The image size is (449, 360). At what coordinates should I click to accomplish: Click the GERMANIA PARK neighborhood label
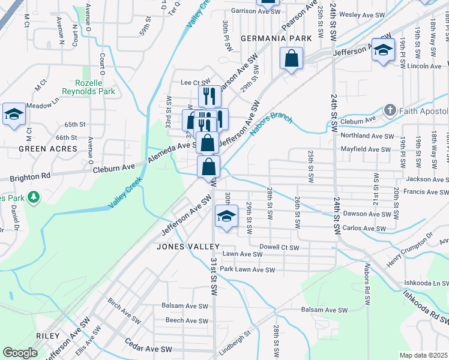tap(276, 38)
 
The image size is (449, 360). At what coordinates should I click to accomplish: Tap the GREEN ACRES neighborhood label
tap(48, 148)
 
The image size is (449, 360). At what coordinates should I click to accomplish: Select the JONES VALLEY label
tap(188, 246)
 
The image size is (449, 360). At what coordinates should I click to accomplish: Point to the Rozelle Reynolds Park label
tap(88, 88)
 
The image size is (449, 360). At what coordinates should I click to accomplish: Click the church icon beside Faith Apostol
tap(390, 110)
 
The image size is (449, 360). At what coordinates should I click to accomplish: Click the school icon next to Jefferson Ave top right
tap(382, 50)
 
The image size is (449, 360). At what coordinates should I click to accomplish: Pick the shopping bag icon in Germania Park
tap(291, 59)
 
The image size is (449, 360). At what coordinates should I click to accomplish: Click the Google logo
tap(20, 353)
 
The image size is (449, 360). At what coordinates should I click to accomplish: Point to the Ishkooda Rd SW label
tap(425, 304)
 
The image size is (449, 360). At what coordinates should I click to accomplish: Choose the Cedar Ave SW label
tap(148, 348)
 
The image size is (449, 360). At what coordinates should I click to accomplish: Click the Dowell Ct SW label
tap(279, 247)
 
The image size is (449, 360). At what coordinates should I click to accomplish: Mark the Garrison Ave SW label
tap(252, 11)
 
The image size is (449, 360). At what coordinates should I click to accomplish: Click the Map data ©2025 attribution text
tap(423, 355)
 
